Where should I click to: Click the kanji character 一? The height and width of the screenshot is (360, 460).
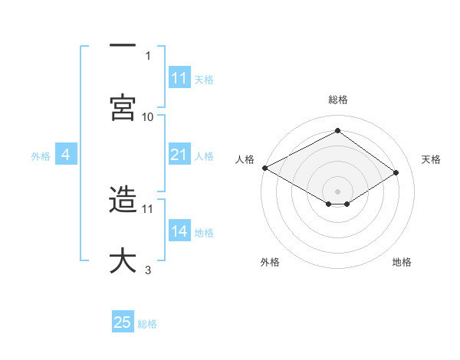click(123, 46)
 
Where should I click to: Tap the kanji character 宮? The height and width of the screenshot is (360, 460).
click(123, 107)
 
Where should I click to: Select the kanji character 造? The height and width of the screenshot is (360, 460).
click(123, 199)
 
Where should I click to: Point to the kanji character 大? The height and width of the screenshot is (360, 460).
click(123, 260)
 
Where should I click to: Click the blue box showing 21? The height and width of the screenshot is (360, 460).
click(179, 155)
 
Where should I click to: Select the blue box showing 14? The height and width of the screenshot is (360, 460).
click(179, 231)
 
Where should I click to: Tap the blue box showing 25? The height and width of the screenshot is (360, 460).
click(123, 322)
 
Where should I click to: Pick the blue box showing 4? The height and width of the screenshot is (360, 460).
click(66, 155)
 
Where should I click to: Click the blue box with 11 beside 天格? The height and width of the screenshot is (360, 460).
click(179, 78)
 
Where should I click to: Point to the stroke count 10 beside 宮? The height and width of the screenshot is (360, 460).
click(148, 116)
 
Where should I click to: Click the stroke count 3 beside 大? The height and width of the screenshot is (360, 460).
click(148, 270)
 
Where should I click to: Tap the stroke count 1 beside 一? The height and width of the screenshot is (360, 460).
click(148, 55)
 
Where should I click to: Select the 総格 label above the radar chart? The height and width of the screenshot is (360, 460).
click(338, 100)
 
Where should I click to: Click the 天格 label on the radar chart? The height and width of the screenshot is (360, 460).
click(431, 159)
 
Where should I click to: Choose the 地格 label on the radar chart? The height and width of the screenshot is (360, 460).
click(402, 262)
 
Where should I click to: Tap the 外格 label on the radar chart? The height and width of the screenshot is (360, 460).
click(270, 262)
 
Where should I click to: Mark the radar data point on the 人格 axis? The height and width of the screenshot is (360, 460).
click(264, 167)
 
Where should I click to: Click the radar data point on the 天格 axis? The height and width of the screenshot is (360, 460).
click(396, 173)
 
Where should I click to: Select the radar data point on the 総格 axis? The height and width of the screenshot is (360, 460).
click(337, 130)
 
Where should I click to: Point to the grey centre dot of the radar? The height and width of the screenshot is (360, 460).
click(337, 191)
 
